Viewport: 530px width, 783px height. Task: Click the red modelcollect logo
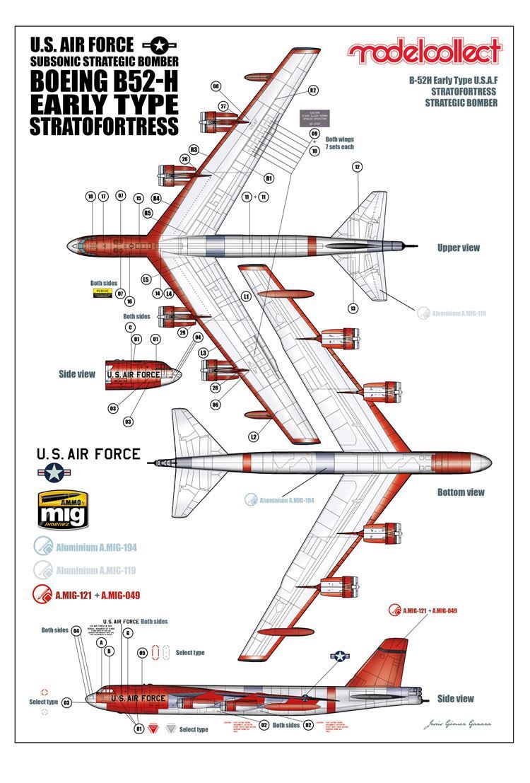[425, 52]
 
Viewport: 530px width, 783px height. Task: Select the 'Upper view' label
[459, 248]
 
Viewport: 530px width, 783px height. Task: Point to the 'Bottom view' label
[461, 492]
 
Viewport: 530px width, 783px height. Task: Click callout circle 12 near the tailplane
[357, 167]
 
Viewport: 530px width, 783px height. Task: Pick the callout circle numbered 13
[353, 308]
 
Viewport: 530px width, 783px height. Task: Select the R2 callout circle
[313, 90]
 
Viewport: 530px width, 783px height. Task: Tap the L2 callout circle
[253, 437]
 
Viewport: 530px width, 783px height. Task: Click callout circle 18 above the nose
[90, 197]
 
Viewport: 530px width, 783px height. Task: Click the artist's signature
[457, 724]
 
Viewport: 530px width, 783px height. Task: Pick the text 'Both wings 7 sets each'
[339, 144]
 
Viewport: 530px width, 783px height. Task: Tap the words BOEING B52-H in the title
[102, 81]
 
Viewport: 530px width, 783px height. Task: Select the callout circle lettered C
[129, 327]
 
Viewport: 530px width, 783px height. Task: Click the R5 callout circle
[148, 212]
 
